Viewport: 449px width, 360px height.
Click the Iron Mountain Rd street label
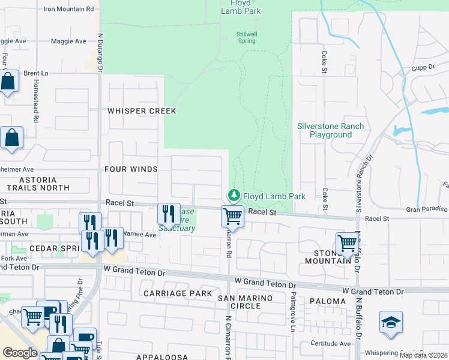tap(69, 9)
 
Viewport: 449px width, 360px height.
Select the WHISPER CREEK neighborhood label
tap(142, 111)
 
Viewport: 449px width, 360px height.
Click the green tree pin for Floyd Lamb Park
tap(234, 196)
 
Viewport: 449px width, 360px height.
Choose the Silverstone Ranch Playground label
tap(331, 130)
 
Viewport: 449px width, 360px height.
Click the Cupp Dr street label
tap(422, 68)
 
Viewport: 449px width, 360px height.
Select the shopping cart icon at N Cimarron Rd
tap(232, 215)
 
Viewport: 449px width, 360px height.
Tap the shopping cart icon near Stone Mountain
tap(347, 243)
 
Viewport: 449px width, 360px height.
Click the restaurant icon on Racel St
tap(169, 213)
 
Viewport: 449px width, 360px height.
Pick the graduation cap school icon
tap(391, 322)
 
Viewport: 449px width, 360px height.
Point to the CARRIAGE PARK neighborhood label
tap(178, 293)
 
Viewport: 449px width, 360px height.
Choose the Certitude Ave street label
tap(331, 344)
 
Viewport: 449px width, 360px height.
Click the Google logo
tap(20, 353)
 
